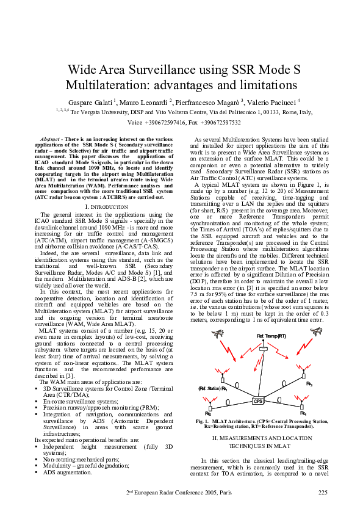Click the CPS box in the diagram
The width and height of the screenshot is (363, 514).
(x=257, y=400)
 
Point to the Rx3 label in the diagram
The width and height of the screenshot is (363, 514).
(x=309, y=383)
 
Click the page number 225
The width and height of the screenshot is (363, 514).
(x=323, y=492)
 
